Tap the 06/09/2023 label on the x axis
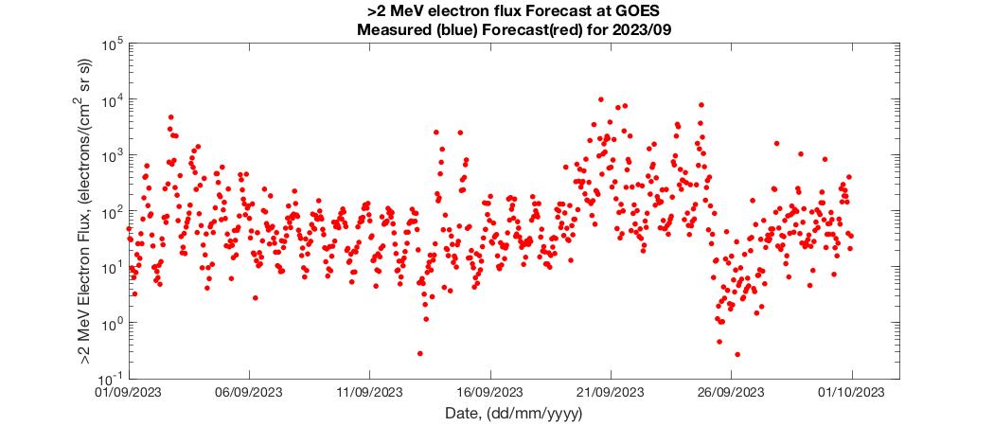tap(249, 392)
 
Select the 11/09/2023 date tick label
tap(369, 392)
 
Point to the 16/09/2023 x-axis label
tap(489, 392)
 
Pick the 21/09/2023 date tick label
tap(610, 392)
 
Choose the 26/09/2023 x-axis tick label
tap(730, 392)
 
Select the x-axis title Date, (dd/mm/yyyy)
tap(513, 414)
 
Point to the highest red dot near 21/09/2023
tap(601, 98)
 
